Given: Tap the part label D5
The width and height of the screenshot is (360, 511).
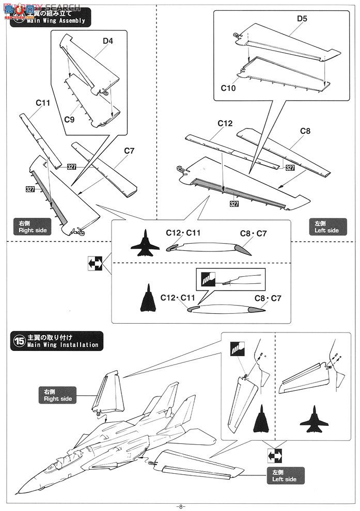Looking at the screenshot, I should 302,19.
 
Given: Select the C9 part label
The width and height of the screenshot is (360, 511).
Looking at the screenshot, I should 70,119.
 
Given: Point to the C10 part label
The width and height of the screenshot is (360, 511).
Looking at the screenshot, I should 228,88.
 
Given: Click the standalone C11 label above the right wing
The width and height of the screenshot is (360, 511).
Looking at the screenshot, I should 43,103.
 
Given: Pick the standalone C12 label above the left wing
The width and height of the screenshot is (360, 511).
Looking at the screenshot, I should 225,123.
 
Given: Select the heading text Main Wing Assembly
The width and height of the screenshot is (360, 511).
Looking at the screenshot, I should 56,21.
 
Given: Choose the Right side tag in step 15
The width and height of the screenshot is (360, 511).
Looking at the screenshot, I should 58,395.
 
